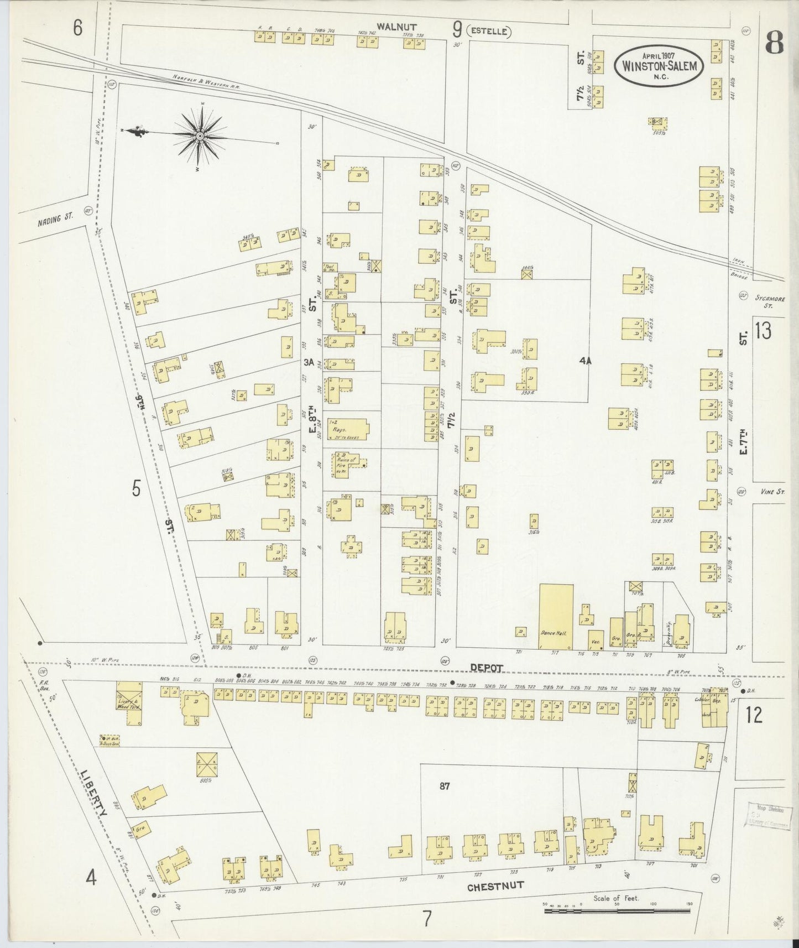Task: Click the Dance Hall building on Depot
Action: tap(556, 616)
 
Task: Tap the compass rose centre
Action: tap(200, 136)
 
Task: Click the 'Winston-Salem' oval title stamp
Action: tap(660, 65)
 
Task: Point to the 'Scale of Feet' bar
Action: tap(617, 909)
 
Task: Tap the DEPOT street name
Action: tap(488, 668)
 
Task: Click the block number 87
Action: tap(445, 788)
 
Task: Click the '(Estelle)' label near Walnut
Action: tap(489, 32)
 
